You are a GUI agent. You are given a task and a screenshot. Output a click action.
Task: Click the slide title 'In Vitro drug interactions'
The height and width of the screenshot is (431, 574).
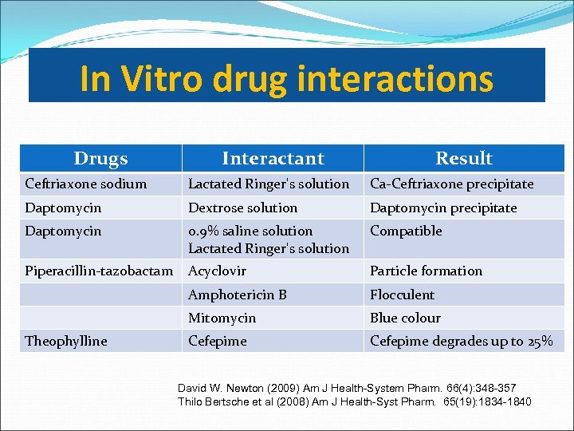286,79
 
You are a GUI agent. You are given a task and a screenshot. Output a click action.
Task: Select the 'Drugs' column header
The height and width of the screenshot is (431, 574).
100,158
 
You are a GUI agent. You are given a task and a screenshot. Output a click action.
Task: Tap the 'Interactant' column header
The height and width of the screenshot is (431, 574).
273,158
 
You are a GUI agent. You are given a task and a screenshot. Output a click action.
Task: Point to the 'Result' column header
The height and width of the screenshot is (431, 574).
464,158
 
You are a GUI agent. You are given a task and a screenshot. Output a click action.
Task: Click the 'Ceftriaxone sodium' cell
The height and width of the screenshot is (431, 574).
86,184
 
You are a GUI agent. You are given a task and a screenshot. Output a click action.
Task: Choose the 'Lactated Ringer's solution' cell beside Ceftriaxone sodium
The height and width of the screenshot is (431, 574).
269,184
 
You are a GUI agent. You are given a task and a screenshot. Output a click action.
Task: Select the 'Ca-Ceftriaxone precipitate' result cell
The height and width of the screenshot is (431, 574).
451,184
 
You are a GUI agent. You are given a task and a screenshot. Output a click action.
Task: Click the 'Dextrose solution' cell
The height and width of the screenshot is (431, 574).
242,208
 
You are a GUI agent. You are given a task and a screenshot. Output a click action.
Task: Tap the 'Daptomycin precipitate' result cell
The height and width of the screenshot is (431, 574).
443,208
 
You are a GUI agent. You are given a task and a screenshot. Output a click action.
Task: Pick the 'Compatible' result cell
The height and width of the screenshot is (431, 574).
406,231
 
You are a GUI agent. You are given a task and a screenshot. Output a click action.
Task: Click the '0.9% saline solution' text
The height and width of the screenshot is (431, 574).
250,231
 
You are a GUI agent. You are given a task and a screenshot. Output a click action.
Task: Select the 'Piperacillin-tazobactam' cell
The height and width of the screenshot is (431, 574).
99,271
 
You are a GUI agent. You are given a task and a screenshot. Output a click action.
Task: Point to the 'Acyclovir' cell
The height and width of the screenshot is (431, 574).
217,271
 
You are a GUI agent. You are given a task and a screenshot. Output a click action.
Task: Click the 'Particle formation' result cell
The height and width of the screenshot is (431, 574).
426,271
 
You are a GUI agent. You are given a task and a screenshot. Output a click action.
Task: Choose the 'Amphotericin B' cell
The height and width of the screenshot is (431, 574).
238,295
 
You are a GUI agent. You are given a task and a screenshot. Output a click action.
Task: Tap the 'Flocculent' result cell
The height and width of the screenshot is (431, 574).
403,295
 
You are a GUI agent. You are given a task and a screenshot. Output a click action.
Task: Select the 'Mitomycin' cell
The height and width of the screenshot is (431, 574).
222,318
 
